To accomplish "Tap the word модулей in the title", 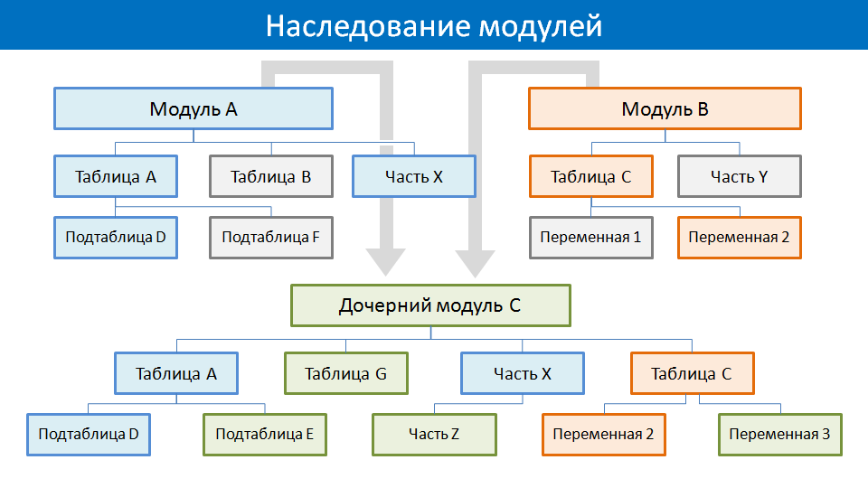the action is (541, 26).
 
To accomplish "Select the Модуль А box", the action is (193, 108).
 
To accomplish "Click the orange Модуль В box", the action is (665, 108).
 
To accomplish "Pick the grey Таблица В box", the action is (271, 176).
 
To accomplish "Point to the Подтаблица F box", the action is (271, 238).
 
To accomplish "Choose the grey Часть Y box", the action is (740, 176).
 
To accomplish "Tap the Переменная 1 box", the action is (591, 238).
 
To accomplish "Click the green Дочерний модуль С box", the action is (430, 305).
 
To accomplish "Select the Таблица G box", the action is (346, 373).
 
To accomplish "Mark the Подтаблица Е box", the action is (265, 435).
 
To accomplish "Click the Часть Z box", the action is (434, 435).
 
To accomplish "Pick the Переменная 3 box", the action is (780, 435).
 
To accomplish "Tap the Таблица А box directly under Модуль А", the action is (116, 176).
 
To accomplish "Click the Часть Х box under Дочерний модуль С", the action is (523, 373).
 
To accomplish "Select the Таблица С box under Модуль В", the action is (591, 176).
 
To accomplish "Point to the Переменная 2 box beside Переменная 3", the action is (604, 435).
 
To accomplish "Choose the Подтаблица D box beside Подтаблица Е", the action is (89, 435).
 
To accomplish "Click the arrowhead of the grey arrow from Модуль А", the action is (386, 262).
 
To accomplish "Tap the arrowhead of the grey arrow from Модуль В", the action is (475, 263).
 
